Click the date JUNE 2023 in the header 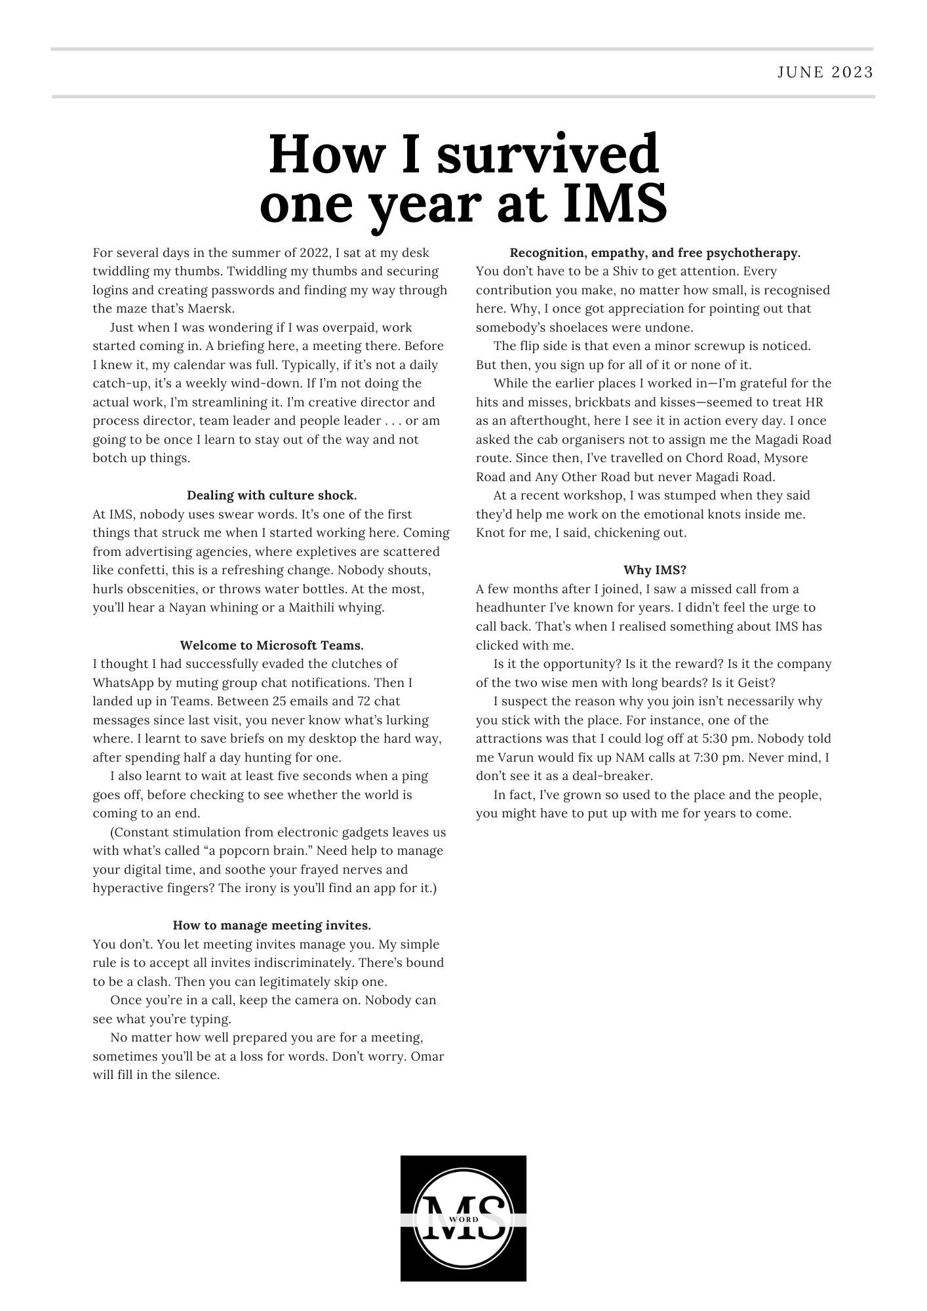(825, 72)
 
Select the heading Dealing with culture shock (271, 495)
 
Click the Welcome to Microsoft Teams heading (271, 645)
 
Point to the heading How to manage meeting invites (271, 925)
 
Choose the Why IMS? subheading (654, 570)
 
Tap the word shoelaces (581, 327)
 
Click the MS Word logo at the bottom (464, 1217)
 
